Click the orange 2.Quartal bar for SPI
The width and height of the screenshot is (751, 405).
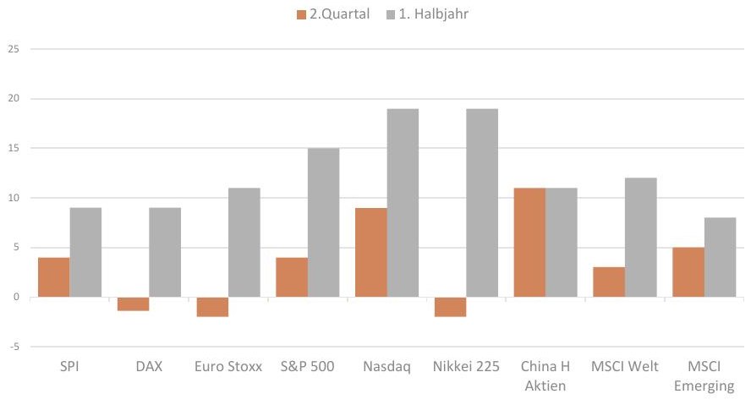[x=53, y=277]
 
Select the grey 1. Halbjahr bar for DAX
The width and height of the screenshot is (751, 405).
[x=165, y=252]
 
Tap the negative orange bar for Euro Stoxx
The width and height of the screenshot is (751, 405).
[x=212, y=307]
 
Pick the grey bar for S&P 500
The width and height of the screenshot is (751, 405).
[x=323, y=222]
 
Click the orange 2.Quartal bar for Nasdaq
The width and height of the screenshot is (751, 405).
[x=371, y=252]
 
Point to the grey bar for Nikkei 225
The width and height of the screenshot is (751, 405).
[x=482, y=203]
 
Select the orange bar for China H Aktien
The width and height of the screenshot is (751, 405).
[x=529, y=242]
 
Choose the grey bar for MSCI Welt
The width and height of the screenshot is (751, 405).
[x=641, y=238]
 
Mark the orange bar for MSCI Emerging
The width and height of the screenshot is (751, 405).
[x=688, y=272]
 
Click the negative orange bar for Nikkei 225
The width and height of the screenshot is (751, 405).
[x=450, y=307]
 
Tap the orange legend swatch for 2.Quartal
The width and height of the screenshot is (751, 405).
[x=301, y=15]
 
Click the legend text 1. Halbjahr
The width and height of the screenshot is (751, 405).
[x=434, y=14]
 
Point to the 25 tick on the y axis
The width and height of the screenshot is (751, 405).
[x=14, y=49]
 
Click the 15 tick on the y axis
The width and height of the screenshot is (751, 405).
[x=14, y=149]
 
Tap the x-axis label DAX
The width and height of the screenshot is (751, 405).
[x=149, y=367]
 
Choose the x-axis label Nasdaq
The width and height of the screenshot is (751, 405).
[x=387, y=367]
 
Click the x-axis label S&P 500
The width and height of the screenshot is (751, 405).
[x=308, y=367]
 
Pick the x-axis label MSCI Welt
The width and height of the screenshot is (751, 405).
[x=624, y=367]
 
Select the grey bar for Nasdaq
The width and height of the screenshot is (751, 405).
[x=403, y=203]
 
